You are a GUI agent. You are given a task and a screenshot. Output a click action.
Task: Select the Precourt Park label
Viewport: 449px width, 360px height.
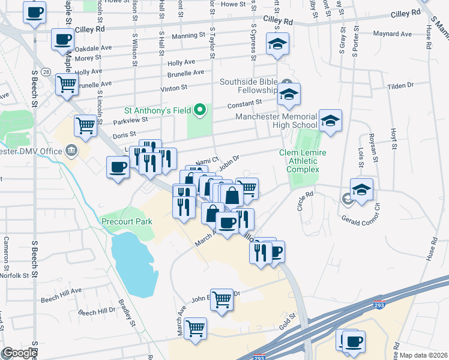click(127, 221)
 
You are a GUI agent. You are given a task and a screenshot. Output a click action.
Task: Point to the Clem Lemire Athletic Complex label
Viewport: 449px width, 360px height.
click(303, 161)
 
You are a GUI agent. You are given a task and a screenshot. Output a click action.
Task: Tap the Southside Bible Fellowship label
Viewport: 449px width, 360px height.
click(250, 87)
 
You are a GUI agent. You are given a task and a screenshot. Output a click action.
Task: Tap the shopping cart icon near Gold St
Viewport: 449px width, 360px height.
click(196, 328)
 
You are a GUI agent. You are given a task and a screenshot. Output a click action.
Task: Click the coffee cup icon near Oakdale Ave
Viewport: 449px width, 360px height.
click(63, 40)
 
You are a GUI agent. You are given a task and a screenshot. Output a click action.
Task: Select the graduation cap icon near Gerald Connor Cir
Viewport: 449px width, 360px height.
click(361, 190)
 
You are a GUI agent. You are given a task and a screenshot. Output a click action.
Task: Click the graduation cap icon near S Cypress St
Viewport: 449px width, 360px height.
click(278, 44)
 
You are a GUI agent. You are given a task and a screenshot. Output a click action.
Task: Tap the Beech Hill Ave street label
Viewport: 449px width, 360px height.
click(61, 292)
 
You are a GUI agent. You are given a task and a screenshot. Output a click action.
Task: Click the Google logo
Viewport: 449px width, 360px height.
click(20, 353)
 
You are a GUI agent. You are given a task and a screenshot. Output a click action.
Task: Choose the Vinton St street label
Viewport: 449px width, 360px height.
click(174, 88)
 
